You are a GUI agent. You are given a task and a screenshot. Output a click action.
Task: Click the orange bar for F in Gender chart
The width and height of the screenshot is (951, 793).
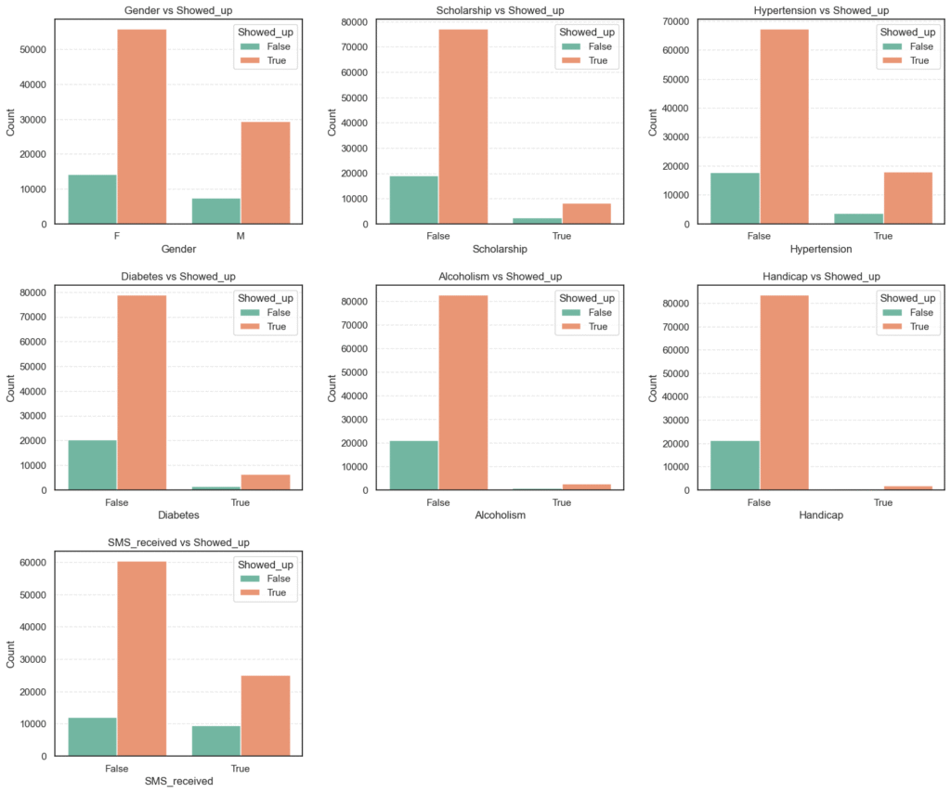pos(142,126)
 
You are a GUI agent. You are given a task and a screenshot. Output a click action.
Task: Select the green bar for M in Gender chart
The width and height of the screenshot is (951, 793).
pos(215,211)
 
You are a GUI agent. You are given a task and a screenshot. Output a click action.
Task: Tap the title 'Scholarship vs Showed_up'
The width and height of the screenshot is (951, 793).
pos(499,10)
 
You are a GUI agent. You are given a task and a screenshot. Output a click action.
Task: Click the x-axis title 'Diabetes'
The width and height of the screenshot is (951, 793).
pos(178,515)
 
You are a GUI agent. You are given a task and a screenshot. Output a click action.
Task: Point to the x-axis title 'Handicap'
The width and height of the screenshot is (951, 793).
pos(820,515)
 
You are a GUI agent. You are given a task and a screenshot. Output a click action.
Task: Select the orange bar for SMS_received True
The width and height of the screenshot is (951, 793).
pos(265,715)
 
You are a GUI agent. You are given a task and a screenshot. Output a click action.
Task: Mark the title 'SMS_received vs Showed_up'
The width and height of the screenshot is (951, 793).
pos(178,542)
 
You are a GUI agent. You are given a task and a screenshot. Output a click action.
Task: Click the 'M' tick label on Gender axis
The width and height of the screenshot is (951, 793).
pos(241,236)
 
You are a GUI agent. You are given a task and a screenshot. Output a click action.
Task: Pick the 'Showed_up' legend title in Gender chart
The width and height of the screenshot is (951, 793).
pos(265,32)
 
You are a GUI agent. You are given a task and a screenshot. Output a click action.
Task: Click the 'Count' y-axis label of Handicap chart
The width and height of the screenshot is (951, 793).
pos(653,392)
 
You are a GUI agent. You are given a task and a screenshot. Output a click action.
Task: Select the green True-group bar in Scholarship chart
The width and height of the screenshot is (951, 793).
pos(537,221)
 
